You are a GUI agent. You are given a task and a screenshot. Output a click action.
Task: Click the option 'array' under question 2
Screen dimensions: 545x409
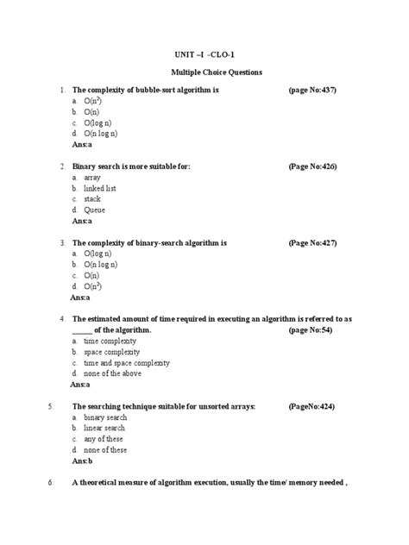[92, 176]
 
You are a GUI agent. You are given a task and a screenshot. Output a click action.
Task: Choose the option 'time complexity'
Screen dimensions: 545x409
[110, 341]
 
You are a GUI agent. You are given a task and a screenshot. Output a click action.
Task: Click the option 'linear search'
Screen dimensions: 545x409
[104, 428]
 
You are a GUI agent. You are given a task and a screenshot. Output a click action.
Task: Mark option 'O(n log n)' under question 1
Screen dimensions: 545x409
[101, 135]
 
